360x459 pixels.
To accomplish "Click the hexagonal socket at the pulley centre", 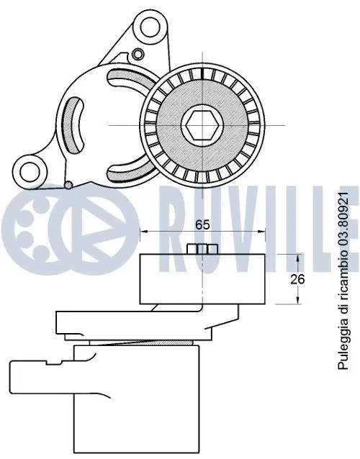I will pyautogui.click(x=201, y=124).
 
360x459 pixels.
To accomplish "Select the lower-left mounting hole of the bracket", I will pyautogui.click(x=29, y=170).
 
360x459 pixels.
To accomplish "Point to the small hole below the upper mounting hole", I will pyautogui.click(x=137, y=53).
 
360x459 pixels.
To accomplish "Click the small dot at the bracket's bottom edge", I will pyautogui.click(x=67, y=184).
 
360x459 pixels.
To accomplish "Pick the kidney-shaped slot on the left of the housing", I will pyautogui.click(x=74, y=122).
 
